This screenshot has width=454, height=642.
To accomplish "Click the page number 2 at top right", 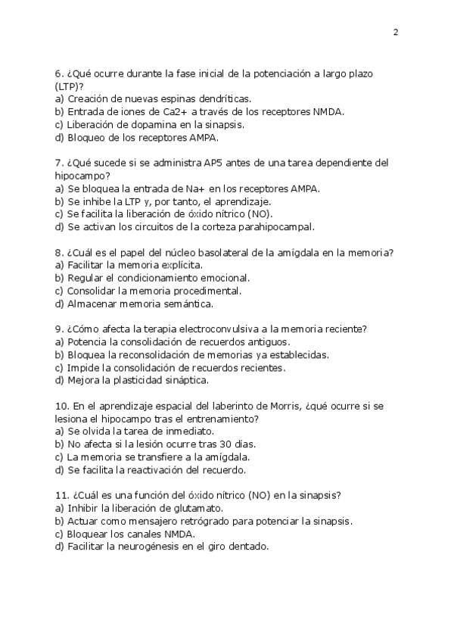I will pos(396,32).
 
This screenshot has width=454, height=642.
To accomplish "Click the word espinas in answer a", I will pos(179,99).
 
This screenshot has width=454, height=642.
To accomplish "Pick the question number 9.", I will pos(59,329).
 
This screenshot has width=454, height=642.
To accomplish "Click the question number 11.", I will pos(62,495).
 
